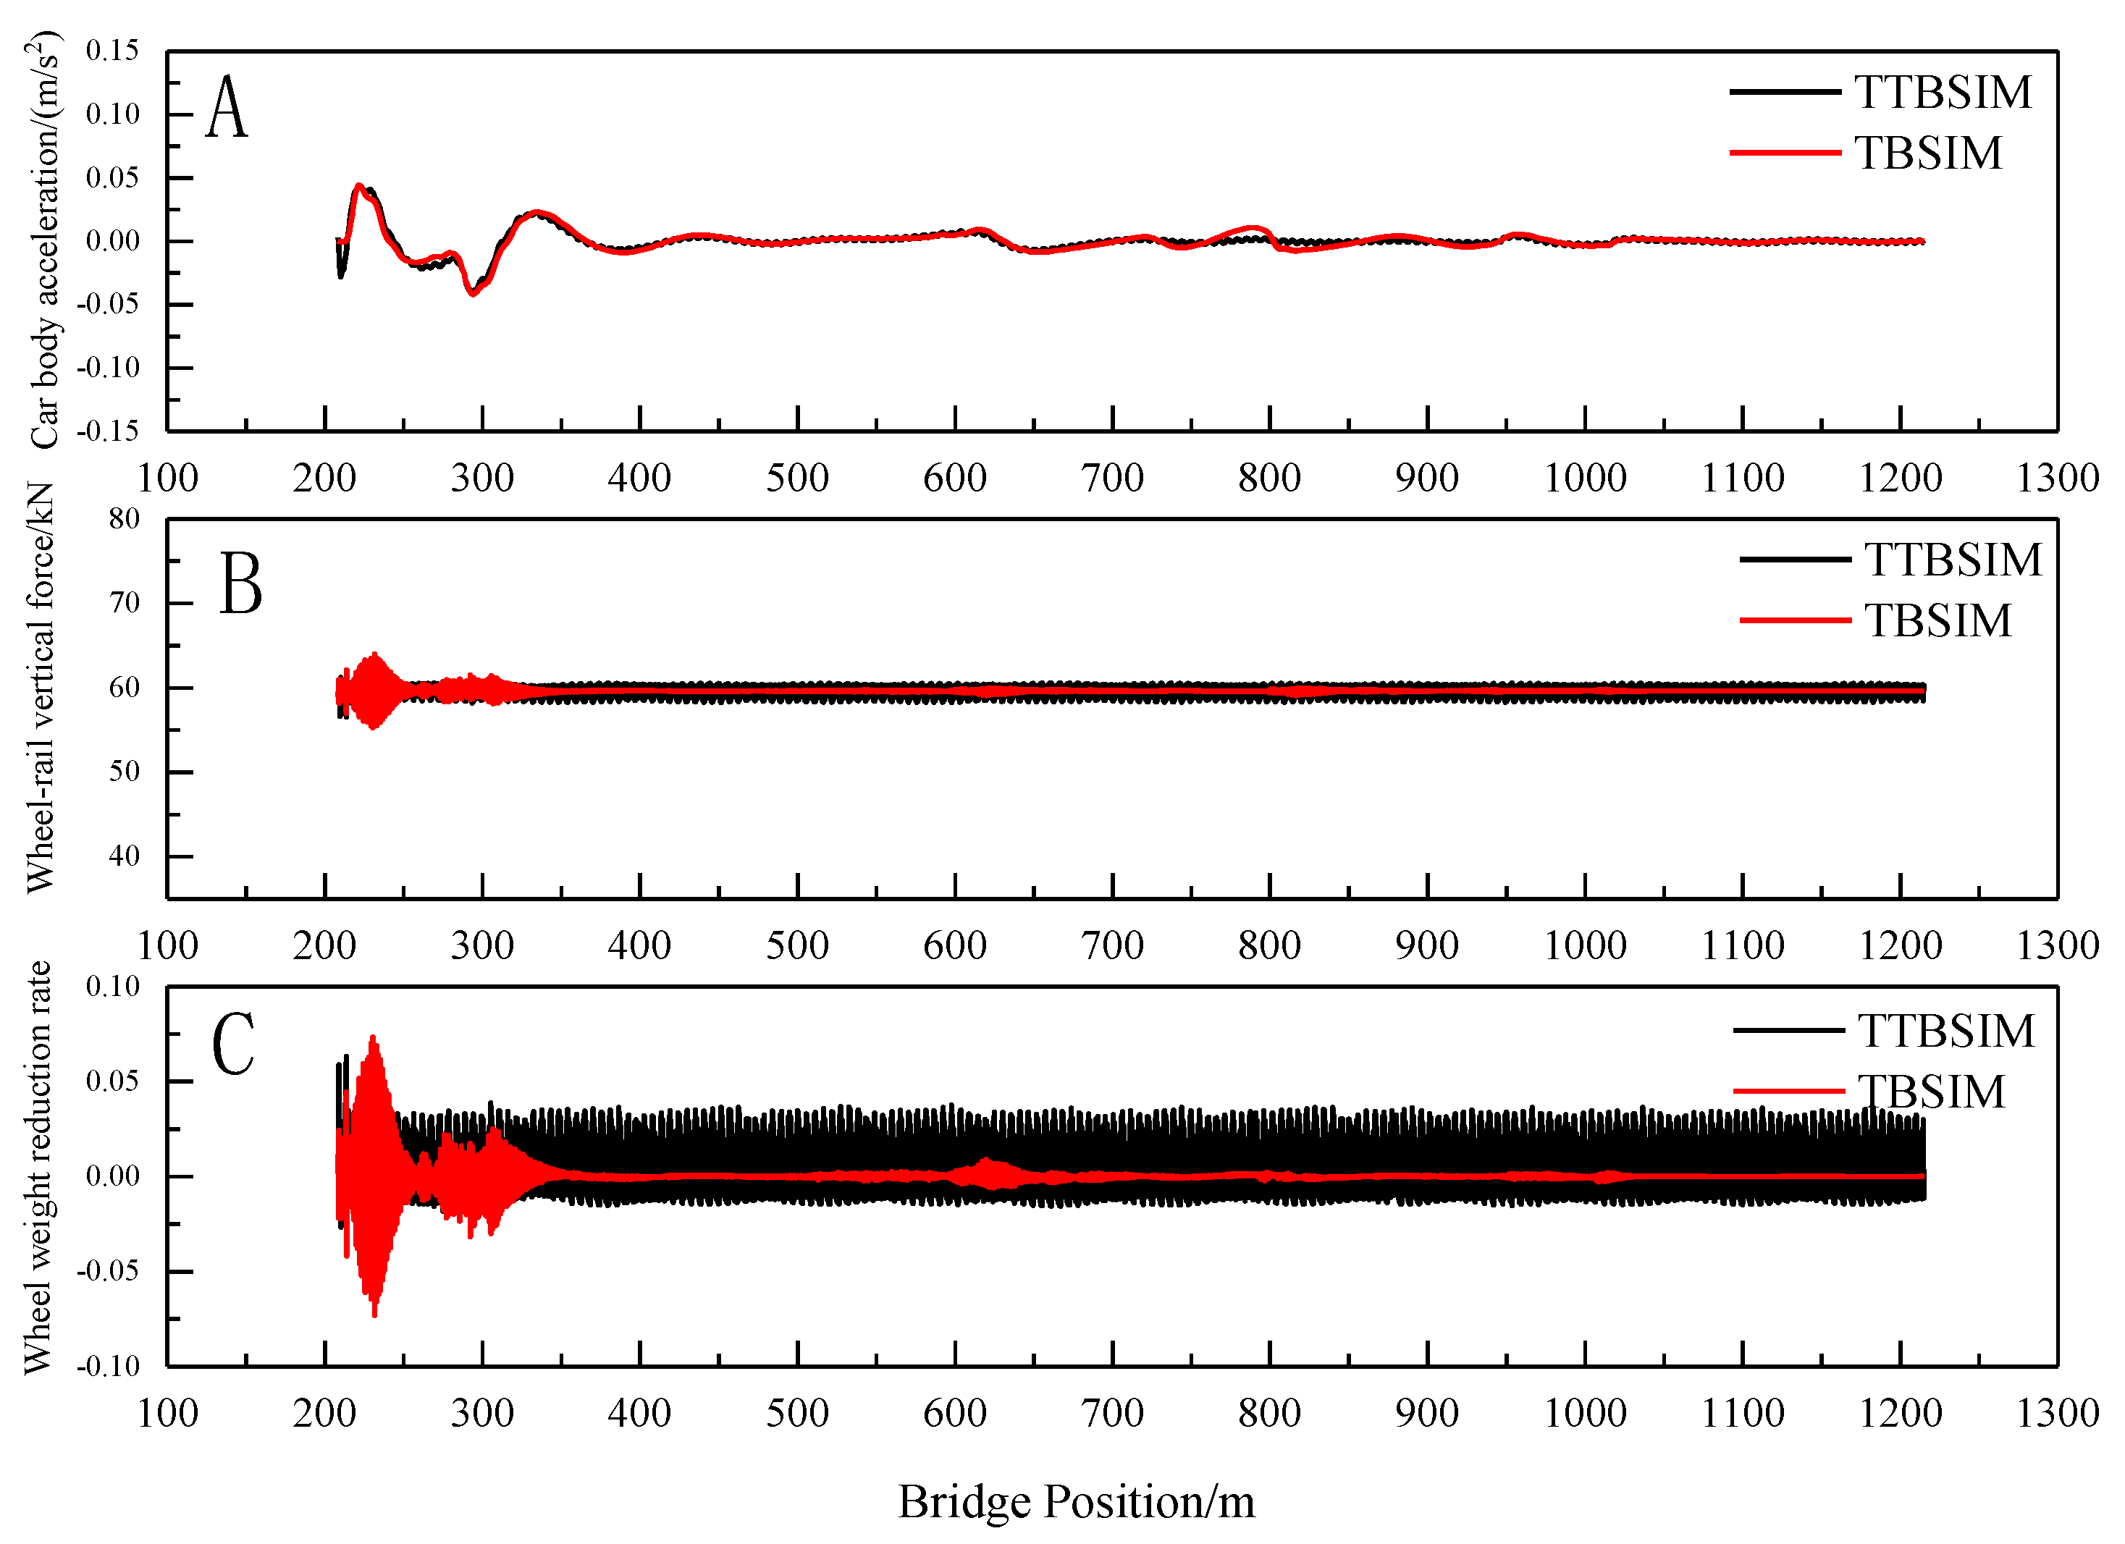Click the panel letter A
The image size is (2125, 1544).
click(x=227, y=108)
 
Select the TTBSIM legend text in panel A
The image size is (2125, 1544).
click(x=1943, y=92)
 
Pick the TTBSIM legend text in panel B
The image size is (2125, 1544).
click(x=1953, y=560)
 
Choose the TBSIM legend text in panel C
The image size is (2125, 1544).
click(x=1932, y=1092)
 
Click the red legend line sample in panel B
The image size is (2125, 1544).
click(x=1794, y=620)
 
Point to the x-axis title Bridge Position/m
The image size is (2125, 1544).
click(x=1076, y=1502)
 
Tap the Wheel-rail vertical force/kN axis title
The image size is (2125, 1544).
click(x=41, y=688)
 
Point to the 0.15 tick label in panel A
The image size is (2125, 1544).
click(x=112, y=50)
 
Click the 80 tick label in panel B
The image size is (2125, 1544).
click(x=124, y=518)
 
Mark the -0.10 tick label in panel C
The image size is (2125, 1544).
click(x=108, y=1365)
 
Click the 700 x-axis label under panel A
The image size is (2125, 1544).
click(x=1112, y=478)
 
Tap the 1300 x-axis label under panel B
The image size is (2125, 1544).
click(x=2058, y=945)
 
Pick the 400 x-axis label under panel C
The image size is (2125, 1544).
click(x=639, y=1413)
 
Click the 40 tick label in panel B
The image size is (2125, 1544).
click(x=124, y=856)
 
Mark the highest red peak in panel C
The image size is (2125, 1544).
click(x=373, y=1037)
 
